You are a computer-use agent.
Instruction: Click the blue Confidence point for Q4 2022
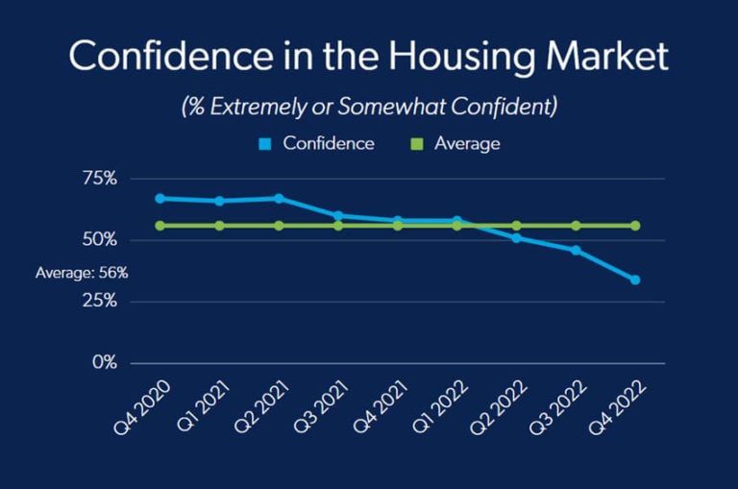click(635, 280)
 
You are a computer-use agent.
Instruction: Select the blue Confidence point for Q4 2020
click(160, 198)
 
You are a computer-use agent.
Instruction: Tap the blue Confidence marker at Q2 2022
click(516, 237)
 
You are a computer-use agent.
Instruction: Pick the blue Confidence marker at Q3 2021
click(338, 215)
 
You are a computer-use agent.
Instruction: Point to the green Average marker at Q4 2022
click(635, 226)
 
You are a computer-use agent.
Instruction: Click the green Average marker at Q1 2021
click(219, 226)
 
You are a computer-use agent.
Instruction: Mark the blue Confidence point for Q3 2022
click(576, 250)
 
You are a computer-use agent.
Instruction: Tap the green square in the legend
click(416, 144)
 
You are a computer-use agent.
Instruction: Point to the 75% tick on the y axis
click(98, 179)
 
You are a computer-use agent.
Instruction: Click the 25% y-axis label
click(98, 302)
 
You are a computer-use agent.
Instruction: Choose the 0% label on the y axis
click(103, 363)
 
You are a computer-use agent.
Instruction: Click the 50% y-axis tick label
click(98, 239)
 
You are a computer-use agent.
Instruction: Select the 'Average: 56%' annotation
click(82, 273)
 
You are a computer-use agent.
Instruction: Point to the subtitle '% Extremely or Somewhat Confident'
click(369, 107)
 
